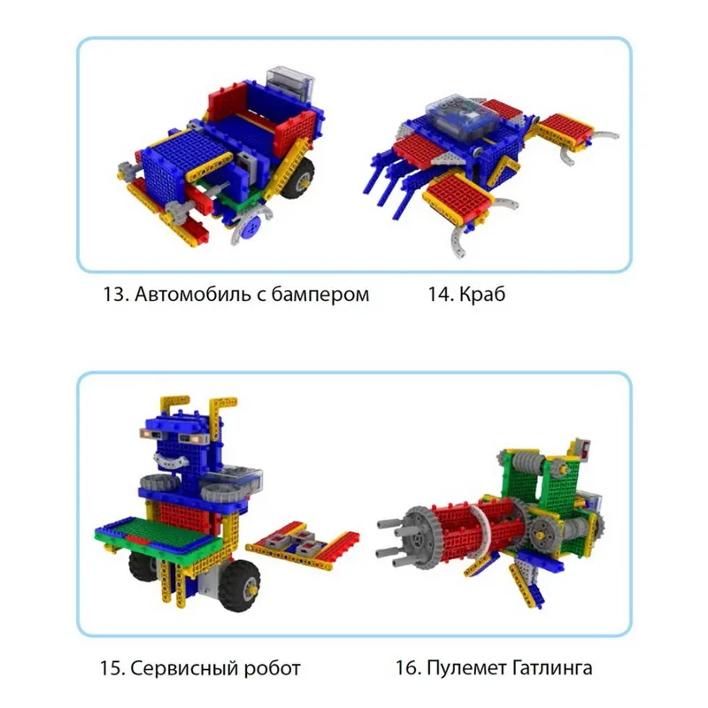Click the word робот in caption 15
pos(270,667)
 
